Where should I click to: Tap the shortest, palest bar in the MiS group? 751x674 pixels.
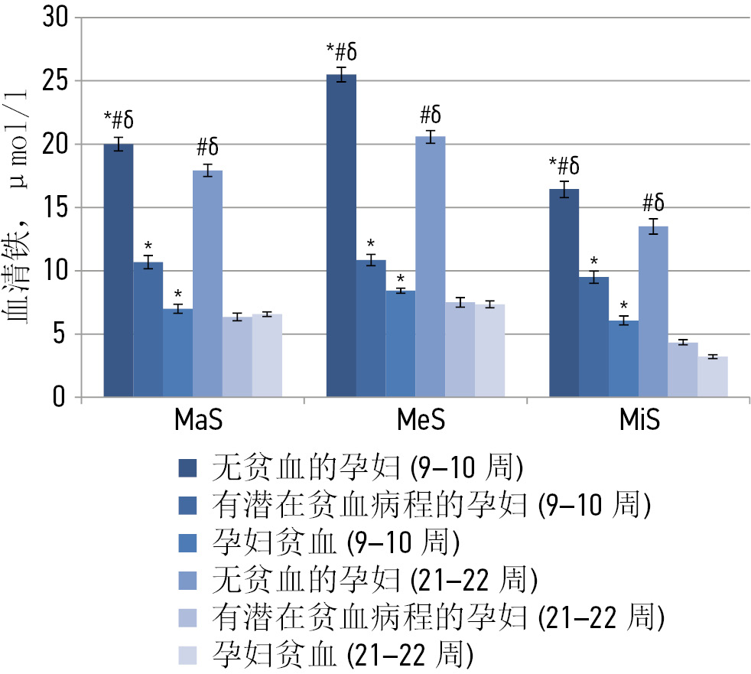(x=712, y=377)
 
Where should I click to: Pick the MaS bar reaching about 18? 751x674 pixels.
(x=207, y=283)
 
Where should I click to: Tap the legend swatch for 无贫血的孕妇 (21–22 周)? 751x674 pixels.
(x=187, y=580)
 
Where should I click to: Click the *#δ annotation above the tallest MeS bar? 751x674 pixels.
(x=341, y=52)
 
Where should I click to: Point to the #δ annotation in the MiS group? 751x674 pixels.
(x=653, y=203)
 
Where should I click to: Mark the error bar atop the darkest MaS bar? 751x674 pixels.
(x=119, y=144)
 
